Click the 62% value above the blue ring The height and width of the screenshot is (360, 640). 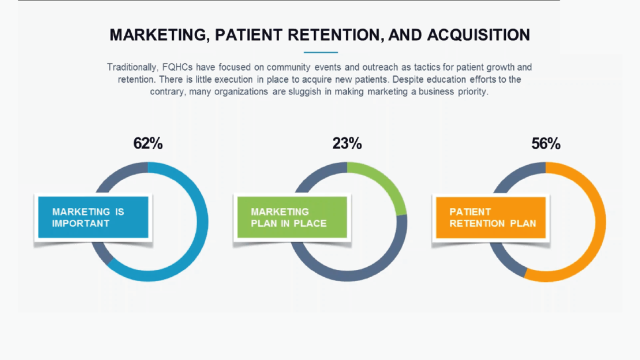click(x=148, y=143)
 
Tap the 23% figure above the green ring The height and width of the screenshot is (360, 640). click(x=347, y=143)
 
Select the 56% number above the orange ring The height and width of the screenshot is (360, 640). click(x=546, y=143)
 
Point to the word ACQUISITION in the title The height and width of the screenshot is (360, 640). click(x=479, y=35)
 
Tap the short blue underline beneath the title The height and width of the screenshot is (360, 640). click(x=320, y=52)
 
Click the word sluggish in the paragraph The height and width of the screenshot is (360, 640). click(x=305, y=92)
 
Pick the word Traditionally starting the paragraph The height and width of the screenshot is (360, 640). click(x=132, y=68)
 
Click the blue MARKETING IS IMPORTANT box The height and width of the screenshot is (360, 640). click(x=93, y=217)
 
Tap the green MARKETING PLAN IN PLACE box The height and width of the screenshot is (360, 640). click(x=292, y=217)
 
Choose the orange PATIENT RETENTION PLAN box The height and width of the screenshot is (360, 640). click(x=491, y=217)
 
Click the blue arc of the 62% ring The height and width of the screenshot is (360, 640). click(x=202, y=222)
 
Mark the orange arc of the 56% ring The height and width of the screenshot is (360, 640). click(x=600, y=222)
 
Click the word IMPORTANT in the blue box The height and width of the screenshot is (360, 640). click(x=81, y=223)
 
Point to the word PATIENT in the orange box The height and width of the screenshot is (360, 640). click(x=470, y=212)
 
